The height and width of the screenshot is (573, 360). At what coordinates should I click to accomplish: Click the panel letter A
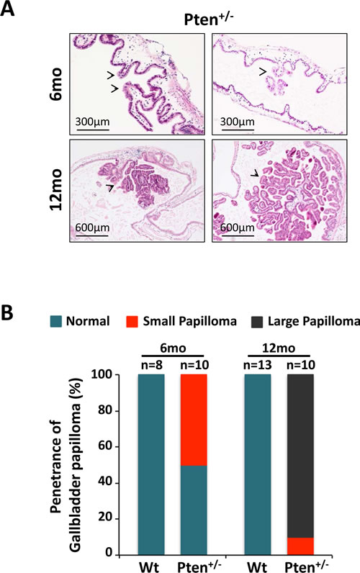(x=8, y=9)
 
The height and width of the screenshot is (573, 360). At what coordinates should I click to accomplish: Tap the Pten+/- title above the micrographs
(x=208, y=19)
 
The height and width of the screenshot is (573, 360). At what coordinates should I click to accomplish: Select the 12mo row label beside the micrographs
(x=57, y=190)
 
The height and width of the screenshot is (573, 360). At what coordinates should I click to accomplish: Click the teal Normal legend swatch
(x=56, y=321)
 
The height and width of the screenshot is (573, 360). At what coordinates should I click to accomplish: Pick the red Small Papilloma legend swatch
(x=132, y=321)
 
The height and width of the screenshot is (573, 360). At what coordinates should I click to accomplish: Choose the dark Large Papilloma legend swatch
(x=257, y=321)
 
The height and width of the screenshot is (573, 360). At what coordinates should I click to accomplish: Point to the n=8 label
(x=151, y=365)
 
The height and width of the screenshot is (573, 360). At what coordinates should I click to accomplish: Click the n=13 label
(x=258, y=365)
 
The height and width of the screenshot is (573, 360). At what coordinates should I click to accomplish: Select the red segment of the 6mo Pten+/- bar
(x=194, y=420)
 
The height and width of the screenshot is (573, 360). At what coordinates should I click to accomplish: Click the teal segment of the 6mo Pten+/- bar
(x=194, y=510)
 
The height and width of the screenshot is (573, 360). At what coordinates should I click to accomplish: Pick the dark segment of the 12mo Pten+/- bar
(x=300, y=456)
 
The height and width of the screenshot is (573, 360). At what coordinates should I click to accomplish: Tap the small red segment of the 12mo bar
(x=300, y=546)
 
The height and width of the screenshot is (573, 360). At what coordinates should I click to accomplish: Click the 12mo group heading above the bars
(x=279, y=348)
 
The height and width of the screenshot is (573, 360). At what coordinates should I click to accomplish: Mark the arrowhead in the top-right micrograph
(x=262, y=72)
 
